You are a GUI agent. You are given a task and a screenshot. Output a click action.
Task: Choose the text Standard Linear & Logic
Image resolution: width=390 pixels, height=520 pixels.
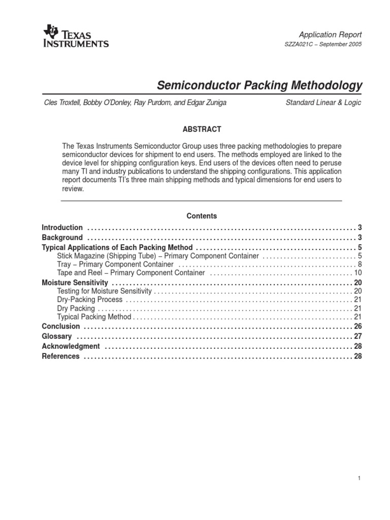323,103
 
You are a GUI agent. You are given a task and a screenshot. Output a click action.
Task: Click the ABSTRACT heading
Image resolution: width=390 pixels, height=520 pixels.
202,129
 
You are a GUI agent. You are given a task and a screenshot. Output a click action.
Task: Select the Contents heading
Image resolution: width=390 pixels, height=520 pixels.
202,216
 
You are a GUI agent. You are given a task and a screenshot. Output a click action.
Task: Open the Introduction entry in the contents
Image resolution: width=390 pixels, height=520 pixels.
62,227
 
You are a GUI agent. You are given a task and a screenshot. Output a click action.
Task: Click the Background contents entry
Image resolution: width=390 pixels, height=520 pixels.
62,238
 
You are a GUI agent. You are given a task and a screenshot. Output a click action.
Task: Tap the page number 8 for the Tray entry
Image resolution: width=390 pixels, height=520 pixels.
359,265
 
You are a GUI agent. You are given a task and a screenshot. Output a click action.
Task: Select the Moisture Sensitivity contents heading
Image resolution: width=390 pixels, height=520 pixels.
75,282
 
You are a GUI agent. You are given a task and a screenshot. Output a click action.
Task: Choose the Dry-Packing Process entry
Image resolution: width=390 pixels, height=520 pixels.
89,300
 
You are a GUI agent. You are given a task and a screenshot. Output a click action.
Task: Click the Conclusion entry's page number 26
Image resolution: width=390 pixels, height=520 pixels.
357,326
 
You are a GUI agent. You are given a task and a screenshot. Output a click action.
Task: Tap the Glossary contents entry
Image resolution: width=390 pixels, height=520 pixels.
56,336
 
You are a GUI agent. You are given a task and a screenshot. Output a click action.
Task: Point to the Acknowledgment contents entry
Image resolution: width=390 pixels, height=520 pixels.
71,346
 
